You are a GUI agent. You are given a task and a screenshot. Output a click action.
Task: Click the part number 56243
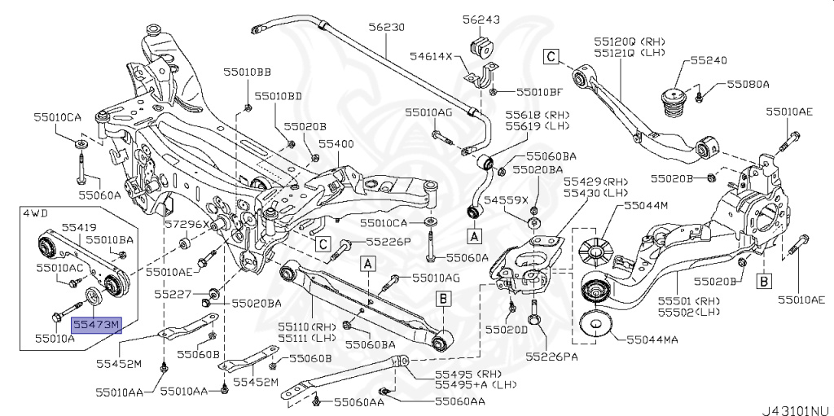click(482, 18)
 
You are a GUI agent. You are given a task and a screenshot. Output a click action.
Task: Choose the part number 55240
click(709, 60)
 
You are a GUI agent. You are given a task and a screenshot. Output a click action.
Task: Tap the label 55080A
click(748, 83)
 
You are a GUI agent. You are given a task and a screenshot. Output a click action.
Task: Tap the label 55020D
click(507, 330)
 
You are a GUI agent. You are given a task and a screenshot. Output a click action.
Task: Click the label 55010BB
click(248, 73)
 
